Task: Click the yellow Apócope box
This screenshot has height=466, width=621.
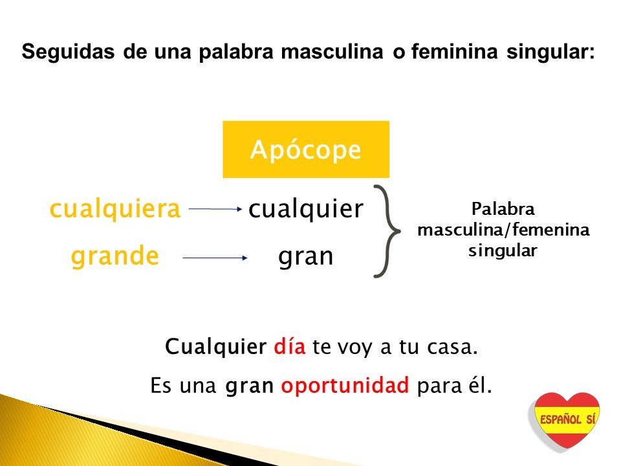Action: [306, 150]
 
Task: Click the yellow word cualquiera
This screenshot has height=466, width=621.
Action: [115, 209]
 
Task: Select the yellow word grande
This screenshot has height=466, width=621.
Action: [115, 256]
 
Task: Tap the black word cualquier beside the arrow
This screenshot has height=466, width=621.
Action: [305, 208]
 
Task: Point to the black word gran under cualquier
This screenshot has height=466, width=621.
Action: [305, 258]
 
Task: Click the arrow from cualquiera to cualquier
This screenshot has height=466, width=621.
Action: [215, 209]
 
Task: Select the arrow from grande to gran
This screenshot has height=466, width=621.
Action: [215, 258]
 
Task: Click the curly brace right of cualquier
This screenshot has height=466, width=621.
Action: [387, 231]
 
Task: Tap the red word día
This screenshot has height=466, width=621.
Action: [290, 346]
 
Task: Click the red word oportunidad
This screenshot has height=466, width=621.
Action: [345, 385]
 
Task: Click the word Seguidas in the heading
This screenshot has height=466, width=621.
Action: [68, 52]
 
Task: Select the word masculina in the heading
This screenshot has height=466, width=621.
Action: [332, 52]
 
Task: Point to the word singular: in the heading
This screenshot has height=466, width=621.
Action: [550, 52]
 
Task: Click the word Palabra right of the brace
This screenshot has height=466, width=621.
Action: [503, 209]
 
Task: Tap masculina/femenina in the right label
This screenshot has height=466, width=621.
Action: [503, 229]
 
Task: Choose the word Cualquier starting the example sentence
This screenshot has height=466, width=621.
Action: [215, 347]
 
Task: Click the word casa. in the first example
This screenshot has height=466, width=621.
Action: [452, 347]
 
